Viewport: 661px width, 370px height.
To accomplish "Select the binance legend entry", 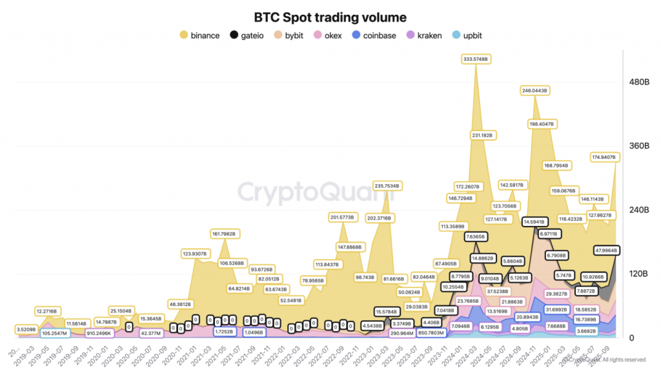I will tap(199, 36).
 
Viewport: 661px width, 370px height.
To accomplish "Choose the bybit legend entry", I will tap(292, 36).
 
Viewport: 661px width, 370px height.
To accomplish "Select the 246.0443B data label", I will tap(534, 91).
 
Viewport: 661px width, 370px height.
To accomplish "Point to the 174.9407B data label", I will tap(605, 157).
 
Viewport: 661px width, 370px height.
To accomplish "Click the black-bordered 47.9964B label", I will tap(605, 250).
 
